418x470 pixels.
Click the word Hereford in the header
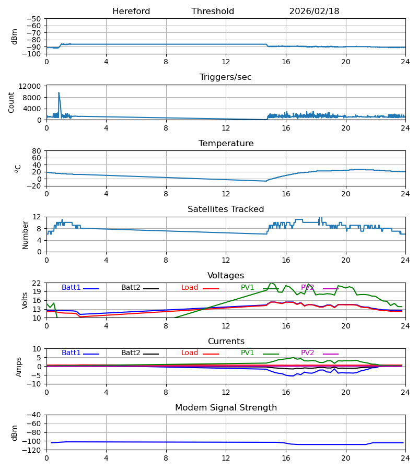(x=131, y=11)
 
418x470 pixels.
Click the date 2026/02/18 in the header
(x=314, y=11)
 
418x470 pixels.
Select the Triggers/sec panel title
(x=226, y=77)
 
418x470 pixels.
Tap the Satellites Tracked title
(x=226, y=209)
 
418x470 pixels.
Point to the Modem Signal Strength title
(x=226, y=408)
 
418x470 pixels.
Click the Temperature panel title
(x=226, y=144)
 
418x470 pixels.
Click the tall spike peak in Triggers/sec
(x=59, y=93)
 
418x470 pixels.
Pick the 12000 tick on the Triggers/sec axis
(x=32, y=86)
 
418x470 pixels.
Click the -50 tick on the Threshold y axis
(x=34, y=19)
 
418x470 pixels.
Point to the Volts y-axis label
(x=25, y=300)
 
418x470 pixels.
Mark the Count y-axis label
(x=11, y=102)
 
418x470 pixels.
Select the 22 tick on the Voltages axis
(x=37, y=283)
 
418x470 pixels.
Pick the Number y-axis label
(x=25, y=234)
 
